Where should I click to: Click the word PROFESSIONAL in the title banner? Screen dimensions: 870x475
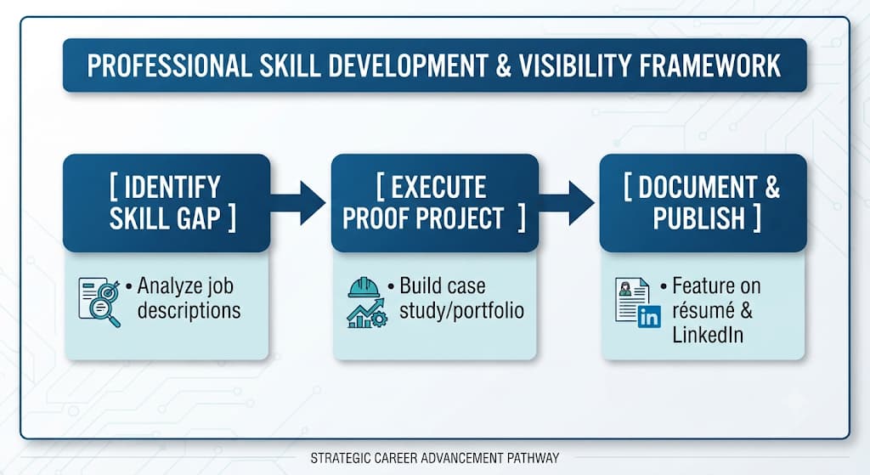click(x=169, y=65)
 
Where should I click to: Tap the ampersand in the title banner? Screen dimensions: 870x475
click(x=503, y=65)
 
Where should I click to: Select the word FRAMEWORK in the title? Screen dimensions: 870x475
click(x=709, y=65)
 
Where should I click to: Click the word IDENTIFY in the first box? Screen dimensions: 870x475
click(x=172, y=187)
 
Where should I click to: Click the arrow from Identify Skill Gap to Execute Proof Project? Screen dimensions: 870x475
click(x=298, y=203)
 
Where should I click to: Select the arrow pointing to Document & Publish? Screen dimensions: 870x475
click(x=567, y=203)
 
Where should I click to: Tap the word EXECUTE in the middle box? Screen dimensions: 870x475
click(x=438, y=187)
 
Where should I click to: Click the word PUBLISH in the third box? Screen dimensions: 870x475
click(x=698, y=218)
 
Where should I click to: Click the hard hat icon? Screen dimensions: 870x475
click(x=364, y=287)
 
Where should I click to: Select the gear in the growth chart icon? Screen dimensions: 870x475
click(x=380, y=319)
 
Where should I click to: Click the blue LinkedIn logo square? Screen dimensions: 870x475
click(x=648, y=317)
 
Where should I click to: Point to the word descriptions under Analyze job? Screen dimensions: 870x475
click(x=189, y=311)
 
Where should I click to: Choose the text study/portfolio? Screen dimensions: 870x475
click(x=461, y=311)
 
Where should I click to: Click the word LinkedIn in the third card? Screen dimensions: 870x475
click(x=708, y=335)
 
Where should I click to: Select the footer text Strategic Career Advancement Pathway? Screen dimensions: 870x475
click(x=434, y=458)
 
